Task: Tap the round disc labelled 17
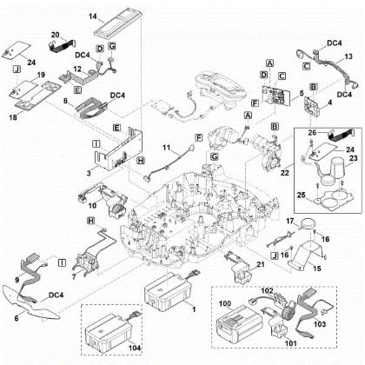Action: coord(307,226)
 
